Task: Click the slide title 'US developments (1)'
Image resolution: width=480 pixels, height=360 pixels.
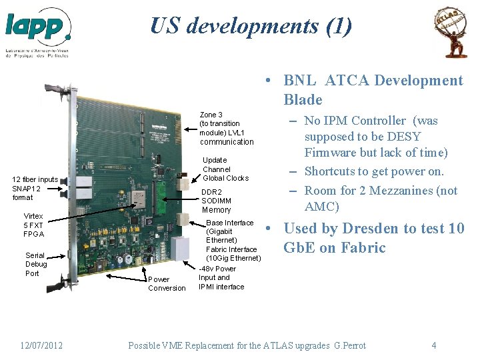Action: tap(251, 26)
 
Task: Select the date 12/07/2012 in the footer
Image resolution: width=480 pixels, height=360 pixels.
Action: tap(41, 345)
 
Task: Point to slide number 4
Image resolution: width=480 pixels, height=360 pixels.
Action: tap(434, 345)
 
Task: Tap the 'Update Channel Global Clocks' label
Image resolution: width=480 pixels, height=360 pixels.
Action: tap(225, 169)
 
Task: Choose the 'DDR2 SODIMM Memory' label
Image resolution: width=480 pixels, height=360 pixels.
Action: tap(216, 201)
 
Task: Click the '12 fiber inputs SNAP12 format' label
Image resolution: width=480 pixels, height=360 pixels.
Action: tap(35, 188)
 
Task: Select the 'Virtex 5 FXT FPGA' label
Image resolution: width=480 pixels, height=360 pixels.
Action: tap(33, 225)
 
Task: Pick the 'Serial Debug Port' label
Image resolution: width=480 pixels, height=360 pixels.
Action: tap(35, 264)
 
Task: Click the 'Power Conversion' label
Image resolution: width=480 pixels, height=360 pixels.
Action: tap(167, 283)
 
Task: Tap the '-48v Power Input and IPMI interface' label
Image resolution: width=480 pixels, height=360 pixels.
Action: tap(221, 278)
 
